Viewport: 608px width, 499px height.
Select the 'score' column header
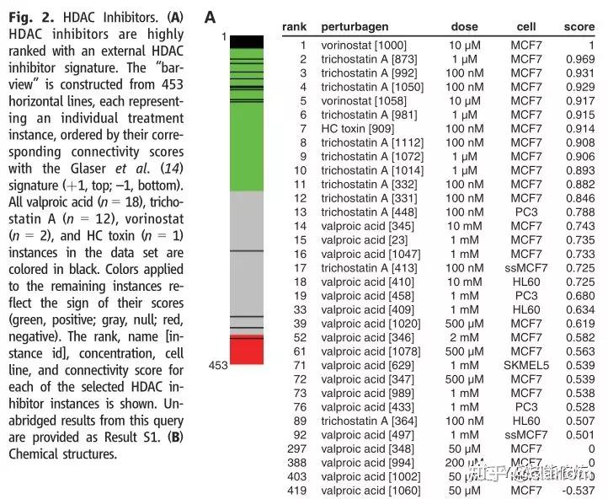(x=579, y=27)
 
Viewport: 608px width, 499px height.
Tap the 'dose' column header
(x=466, y=27)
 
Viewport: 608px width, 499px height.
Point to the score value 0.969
(x=579, y=59)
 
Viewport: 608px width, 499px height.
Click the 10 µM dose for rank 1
(x=466, y=45)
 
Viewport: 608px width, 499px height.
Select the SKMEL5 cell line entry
(x=526, y=365)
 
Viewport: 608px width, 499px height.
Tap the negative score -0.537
(x=578, y=490)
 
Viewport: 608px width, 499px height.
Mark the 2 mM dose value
(x=466, y=336)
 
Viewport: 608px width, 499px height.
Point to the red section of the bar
(x=247, y=351)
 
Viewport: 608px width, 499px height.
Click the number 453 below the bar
(x=218, y=365)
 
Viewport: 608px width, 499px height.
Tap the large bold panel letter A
(x=211, y=17)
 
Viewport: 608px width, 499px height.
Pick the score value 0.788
(x=579, y=212)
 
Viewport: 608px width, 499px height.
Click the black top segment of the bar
(x=247, y=40)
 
